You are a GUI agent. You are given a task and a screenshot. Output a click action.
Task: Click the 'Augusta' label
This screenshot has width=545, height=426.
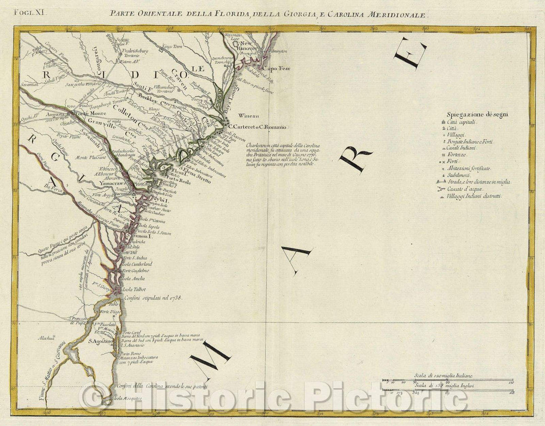click(x=54, y=114)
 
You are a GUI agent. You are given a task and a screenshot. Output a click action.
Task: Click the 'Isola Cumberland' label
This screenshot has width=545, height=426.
click(x=137, y=264)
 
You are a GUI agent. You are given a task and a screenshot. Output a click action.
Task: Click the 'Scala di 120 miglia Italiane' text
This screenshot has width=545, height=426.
click(x=442, y=377)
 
